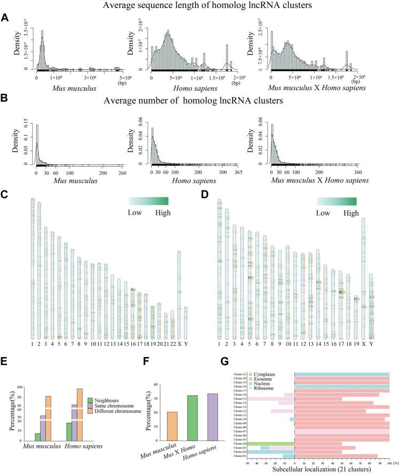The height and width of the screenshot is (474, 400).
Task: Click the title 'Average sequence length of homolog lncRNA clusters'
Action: tap(200, 6)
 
